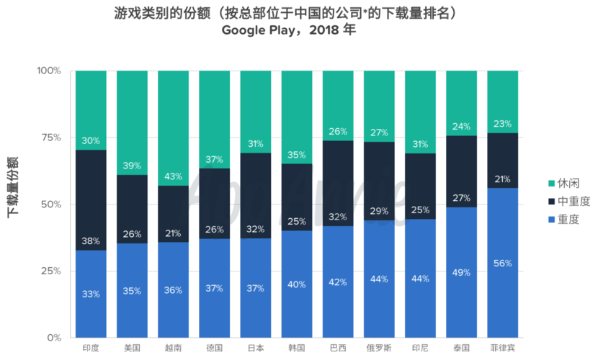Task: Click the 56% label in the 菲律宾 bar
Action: pyautogui.click(x=502, y=264)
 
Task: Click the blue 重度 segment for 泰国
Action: pyautogui.click(x=461, y=288)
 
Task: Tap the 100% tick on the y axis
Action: pyautogui.click(x=49, y=71)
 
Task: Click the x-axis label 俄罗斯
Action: pyautogui.click(x=379, y=347)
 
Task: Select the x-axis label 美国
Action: pyautogui.click(x=132, y=347)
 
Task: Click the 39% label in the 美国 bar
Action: pyautogui.click(x=132, y=166)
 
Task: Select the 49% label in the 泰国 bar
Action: pyautogui.click(x=461, y=272)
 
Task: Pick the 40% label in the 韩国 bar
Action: pyautogui.click(x=297, y=284)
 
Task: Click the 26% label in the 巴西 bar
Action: pyautogui.click(x=338, y=132)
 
